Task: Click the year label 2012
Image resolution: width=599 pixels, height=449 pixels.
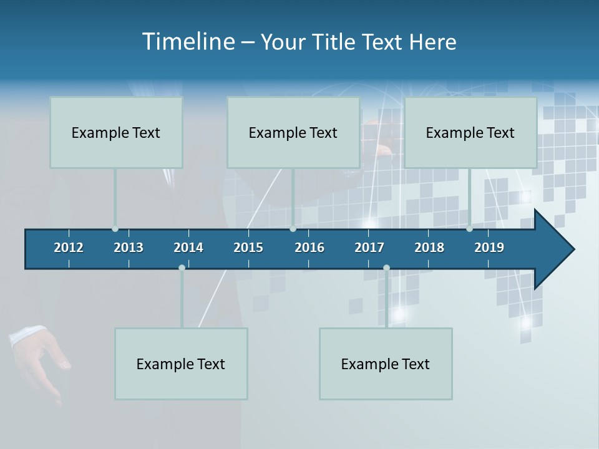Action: [x=69, y=248]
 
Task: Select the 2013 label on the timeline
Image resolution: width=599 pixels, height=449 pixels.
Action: [x=129, y=248]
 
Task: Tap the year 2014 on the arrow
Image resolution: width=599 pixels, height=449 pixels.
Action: [x=188, y=248]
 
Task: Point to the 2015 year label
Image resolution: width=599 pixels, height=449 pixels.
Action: [x=248, y=248]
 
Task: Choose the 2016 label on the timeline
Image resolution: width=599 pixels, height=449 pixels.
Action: [x=309, y=248]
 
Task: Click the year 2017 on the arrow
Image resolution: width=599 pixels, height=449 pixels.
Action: [x=369, y=248]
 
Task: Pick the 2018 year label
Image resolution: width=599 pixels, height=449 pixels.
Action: [x=429, y=248]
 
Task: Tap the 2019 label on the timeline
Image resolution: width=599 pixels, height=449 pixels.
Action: [x=489, y=248]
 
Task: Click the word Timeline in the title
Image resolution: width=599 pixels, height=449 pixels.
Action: [x=188, y=42]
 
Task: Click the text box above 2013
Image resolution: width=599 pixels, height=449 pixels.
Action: [x=116, y=132]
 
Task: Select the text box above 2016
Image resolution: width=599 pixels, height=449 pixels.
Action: [x=293, y=132]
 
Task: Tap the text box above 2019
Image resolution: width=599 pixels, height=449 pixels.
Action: [x=470, y=132]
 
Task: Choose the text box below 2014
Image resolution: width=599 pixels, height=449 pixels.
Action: [x=181, y=364]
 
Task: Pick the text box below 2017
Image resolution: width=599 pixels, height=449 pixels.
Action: [x=386, y=364]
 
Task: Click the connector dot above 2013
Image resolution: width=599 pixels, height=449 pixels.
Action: [x=115, y=229]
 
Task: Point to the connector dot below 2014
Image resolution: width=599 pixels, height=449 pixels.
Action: [x=182, y=268]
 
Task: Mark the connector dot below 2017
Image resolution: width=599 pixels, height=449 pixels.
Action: [x=386, y=268]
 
